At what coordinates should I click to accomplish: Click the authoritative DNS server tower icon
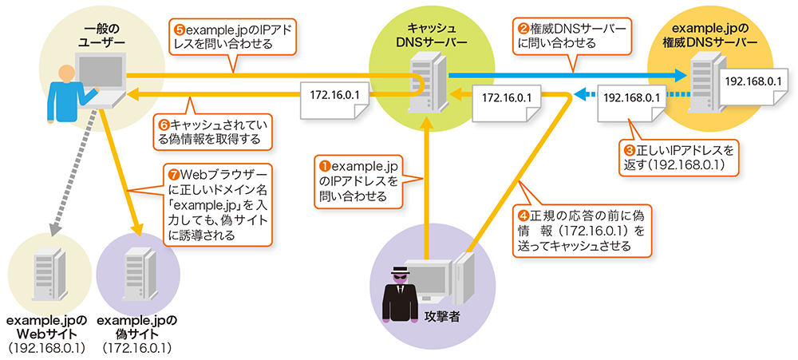(703, 80)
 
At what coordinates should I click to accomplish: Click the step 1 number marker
(325, 166)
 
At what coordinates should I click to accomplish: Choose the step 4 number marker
(523, 215)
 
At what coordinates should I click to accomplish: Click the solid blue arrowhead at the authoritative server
(681, 76)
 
